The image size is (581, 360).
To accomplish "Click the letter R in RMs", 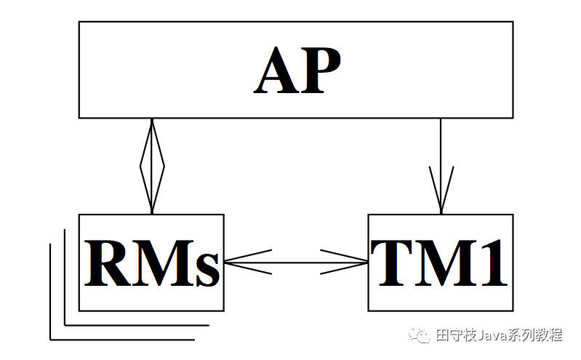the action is tap(106, 263).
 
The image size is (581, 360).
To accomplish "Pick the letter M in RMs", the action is tap(162, 263).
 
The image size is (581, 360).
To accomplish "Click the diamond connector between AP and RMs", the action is tap(152, 167).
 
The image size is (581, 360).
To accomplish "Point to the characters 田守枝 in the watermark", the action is tap(454, 336).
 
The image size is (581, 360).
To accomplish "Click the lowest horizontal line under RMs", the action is tap(122, 339).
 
